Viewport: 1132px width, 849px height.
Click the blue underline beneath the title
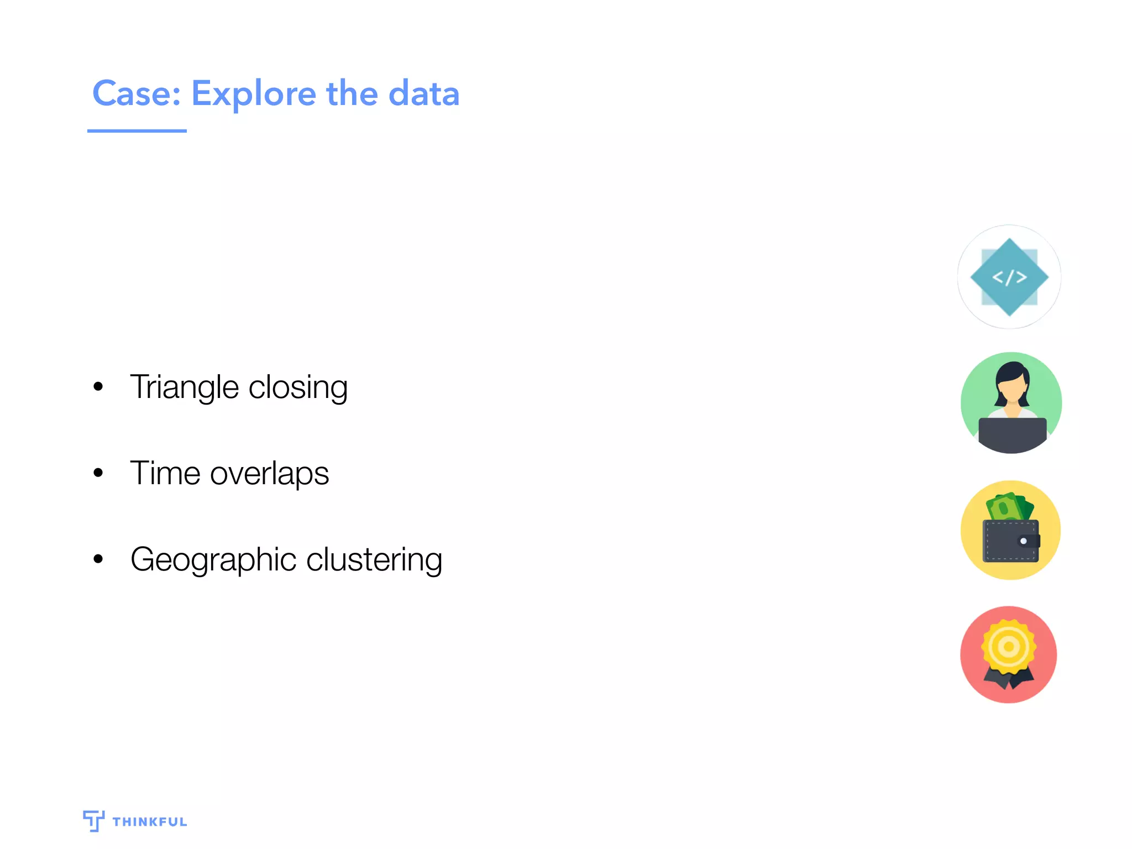pyautogui.click(x=137, y=131)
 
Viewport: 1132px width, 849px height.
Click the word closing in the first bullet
pyautogui.click(x=298, y=387)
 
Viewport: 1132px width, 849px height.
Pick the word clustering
pyautogui.click(x=374, y=559)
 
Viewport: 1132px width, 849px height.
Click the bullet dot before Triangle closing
pyautogui.click(x=98, y=386)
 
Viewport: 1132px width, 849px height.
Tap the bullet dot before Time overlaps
pyautogui.click(x=98, y=473)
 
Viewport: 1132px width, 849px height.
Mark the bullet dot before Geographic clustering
pyautogui.click(x=98, y=559)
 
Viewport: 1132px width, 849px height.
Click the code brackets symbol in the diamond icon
pyautogui.click(x=1009, y=277)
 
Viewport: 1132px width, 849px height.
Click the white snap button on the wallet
pyautogui.click(x=1023, y=541)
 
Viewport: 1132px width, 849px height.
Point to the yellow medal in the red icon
pyautogui.click(x=1009, y=646)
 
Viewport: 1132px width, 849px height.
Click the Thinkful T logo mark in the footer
pyautogui.click(x=93, y=820)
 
